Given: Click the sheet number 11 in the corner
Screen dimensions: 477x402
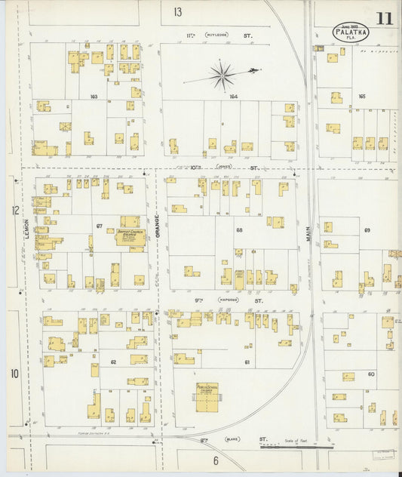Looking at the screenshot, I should pyautogui.click(x=385, y=17).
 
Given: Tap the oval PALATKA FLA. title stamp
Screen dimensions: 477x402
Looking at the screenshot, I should pyautogui.click(x=351, y=32).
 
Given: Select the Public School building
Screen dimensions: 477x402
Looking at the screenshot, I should pyautogui.click(x=207, y=396).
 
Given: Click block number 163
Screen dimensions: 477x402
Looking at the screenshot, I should pyautogui.click(x=94, y=97).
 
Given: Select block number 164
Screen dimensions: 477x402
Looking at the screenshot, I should pyautogui.click(x=233, y=97).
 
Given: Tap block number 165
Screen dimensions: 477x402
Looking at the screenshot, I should pyautogui.click(x=361, y=97).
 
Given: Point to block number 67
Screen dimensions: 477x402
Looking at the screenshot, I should pyautogui.click(x=99, y=226).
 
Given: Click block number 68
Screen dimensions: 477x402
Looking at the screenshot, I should pyautogui.click(x=239, y=229).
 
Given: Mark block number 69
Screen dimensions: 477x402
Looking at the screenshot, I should pyautogui.click(x=367, y=229).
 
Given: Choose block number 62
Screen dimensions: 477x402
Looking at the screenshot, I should pyautogui.click(x=114, y=362).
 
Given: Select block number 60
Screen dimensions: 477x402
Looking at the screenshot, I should pyautogui.click(x=371, y=374).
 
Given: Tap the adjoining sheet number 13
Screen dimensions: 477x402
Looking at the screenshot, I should pyautogui.click(x=177, y=11).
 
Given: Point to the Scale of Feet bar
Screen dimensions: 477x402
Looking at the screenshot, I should pyautogui.click(x=287, y=447).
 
